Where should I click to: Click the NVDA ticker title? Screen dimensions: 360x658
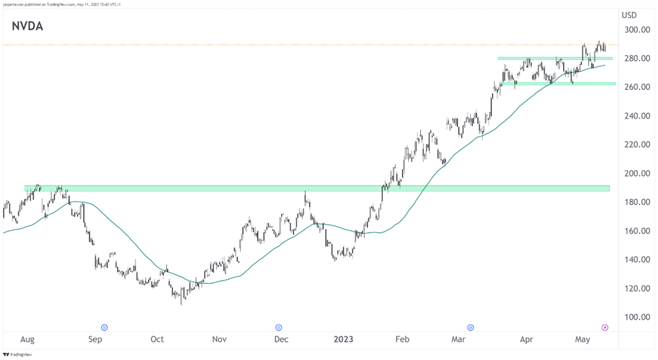click(28, 27)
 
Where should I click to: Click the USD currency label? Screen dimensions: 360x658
click(629, 15)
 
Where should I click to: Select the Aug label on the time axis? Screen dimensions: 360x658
click(27, 340)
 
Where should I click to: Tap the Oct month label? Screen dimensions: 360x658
click(157, 340)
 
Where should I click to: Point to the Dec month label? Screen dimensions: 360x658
click(281, 340)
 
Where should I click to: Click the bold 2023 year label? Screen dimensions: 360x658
click(343, 340)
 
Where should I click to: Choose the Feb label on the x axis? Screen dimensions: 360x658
click(402, 340)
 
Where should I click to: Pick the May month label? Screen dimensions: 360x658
click(583, 340)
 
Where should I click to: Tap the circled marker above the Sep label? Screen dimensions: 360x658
click(104, 327)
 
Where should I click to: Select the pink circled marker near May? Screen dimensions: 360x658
click(604, 327)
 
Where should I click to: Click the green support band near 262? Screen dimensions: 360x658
click(558, 84)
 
